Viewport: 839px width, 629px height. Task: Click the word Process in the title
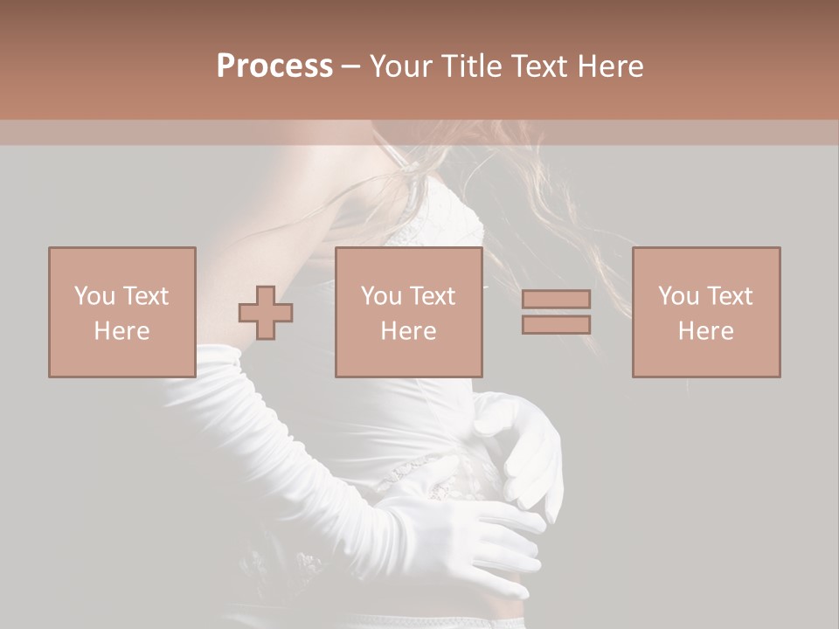pyautogui.click(x=274, y=66)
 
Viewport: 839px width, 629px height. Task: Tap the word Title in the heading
pyautogui.click(x=472, y=66)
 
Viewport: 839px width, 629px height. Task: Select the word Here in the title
pyautogui.click(x=611, y=66)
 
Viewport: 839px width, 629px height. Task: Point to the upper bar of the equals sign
pyautogui.click(x=556, y=299)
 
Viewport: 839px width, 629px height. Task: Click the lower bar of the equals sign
pyautogui.click(x=556, y=324)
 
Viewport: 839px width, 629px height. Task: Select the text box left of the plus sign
pyautogui.click(x=121, y=312)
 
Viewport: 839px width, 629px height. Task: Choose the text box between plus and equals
pyautogui.click(x=408, y=312)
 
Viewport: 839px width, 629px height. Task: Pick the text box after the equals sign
pyautogui.click(x=705, y=312)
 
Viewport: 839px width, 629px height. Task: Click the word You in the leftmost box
pyautogui.click(x=94, y=296)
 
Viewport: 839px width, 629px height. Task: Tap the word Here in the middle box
pyautogui.click(x=408, y=331)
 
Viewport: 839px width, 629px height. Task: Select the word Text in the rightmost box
pyautogui.click(x=731, y=296)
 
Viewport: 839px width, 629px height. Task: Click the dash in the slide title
pyautogui.click(x=350, y=67)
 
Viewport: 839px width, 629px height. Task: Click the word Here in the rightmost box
pyautogui.click(x=705, y=331)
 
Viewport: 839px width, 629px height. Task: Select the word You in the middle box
pyautogui.click(x=381, y=296)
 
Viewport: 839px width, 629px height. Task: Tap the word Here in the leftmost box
pyautogui.click(x=121, y=331)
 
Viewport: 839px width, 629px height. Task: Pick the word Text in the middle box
pyautogui.click(x=433, y=296)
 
